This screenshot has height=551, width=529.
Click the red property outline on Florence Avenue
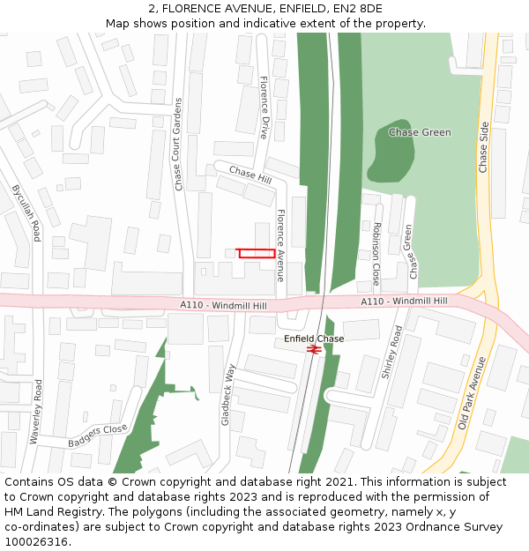coord(256,253)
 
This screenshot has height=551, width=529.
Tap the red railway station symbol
coord(313,350)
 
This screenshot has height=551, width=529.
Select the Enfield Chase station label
coord(314,339)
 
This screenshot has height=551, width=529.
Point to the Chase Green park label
coord(420,132)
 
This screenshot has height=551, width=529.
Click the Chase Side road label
coord(483,147)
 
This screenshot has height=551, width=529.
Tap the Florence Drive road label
coord(264,108)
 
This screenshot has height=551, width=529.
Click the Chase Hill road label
coord(250,175)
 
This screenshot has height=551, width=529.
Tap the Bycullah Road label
coord(26,212)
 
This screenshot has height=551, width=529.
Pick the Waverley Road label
coord(37,412)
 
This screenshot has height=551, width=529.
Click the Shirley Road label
coord(391,353)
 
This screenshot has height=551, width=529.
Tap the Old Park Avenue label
coord(473,393)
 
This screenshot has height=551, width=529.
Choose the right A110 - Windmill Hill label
coord(404,302)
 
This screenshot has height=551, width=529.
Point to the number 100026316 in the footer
coord(35,542)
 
